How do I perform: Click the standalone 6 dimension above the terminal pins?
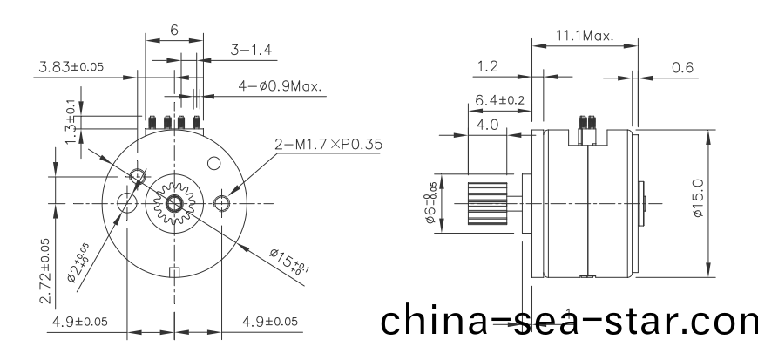[174, 30]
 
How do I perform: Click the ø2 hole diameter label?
[79, 265]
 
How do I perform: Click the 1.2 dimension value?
[489, 66]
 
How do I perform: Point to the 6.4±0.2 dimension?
[499, 101]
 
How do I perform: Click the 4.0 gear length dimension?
[487, 125]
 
